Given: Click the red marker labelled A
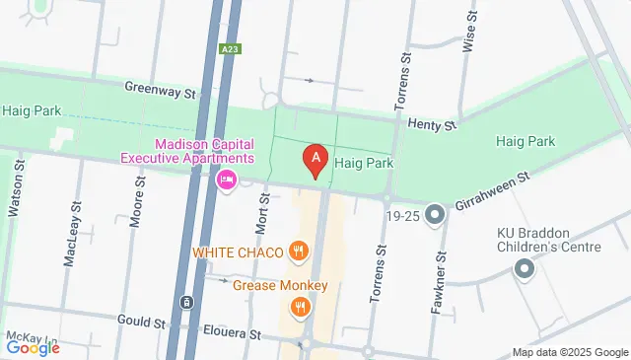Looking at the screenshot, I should coord(315,159).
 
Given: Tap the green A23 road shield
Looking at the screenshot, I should coord(230,46).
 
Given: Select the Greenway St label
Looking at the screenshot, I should coord(161,89).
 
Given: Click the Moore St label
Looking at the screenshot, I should coord(140,197).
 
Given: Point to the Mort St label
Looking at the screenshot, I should coord(263,213).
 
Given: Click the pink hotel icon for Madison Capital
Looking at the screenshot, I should coord(225,180).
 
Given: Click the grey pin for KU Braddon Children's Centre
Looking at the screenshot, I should coord(525,266).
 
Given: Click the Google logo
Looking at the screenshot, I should coord(33,347).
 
